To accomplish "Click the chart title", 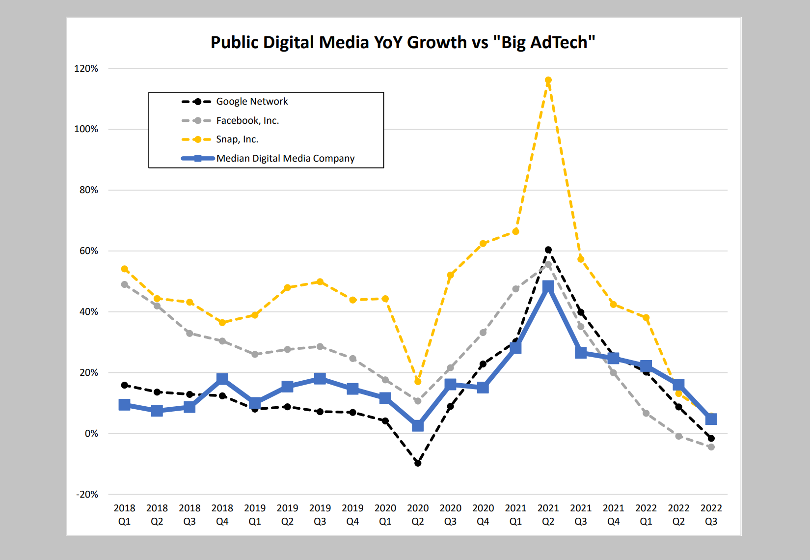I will tap(403, 43).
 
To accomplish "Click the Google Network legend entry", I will tap(252, 102).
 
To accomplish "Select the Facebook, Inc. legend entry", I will tap(247, 121).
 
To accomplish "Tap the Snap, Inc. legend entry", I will tap(237, 140).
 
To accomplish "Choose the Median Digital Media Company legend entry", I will tap(285, 159).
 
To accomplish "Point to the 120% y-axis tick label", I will tap(86, 69).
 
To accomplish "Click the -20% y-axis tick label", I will tap(87, 495).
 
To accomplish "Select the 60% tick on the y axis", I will tap(88, 251).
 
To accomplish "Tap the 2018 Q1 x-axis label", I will tap(124, 514).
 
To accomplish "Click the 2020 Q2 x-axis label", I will tap(418, 514).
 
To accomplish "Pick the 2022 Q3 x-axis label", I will tap(711, 514).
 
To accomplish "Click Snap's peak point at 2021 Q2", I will tap(548, 80).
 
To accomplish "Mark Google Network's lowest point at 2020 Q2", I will tap(418, 463).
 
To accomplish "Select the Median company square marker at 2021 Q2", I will tap(548, 287).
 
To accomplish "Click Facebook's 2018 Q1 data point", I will tap(125, 284).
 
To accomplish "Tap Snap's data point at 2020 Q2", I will tap(418, 381).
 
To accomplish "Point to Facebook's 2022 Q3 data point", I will tap(711, 447).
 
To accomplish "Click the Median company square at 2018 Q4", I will tap(222, 379).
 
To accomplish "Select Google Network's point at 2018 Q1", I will tap(125, 385).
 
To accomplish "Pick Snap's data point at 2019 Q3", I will tap(320, 282).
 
